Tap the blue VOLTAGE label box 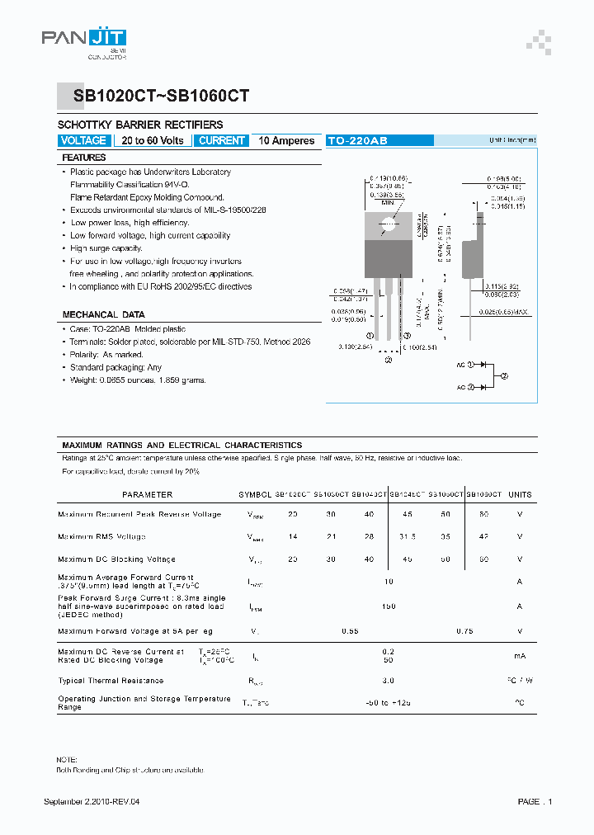[84, 141]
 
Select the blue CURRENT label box [222, 141]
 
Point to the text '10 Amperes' [286, 141]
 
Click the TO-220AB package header [357, 141]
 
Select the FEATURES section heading [84, 158]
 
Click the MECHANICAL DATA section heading [103, 314]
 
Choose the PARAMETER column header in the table [147, 495]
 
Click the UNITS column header [520, 495]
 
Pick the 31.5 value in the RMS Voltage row [408, 536]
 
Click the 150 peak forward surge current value [389, 606]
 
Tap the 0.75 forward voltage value [464, 631]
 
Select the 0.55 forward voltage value [349, 631]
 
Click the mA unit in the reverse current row [520, 656]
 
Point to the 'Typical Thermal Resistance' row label [111, 681]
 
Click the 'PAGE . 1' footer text [535, 801]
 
